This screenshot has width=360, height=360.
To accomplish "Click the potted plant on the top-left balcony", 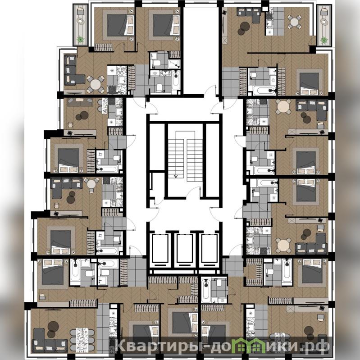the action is point(80,40).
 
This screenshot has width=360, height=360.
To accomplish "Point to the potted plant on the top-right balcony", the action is point(324,40).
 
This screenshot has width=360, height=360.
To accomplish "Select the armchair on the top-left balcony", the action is point(81,11).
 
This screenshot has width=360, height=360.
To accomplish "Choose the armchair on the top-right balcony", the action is point(324,11).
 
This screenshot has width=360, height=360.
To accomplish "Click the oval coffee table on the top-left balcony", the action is point(81,21).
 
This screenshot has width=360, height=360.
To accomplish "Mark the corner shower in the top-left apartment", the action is point(174,64).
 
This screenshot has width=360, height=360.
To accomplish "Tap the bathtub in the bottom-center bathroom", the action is point(206,291).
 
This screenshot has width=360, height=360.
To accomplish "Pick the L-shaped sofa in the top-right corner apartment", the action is point(249,14).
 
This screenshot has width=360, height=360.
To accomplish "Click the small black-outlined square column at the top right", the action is point(265,9).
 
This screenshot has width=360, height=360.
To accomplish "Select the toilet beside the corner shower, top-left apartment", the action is point(157,63).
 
